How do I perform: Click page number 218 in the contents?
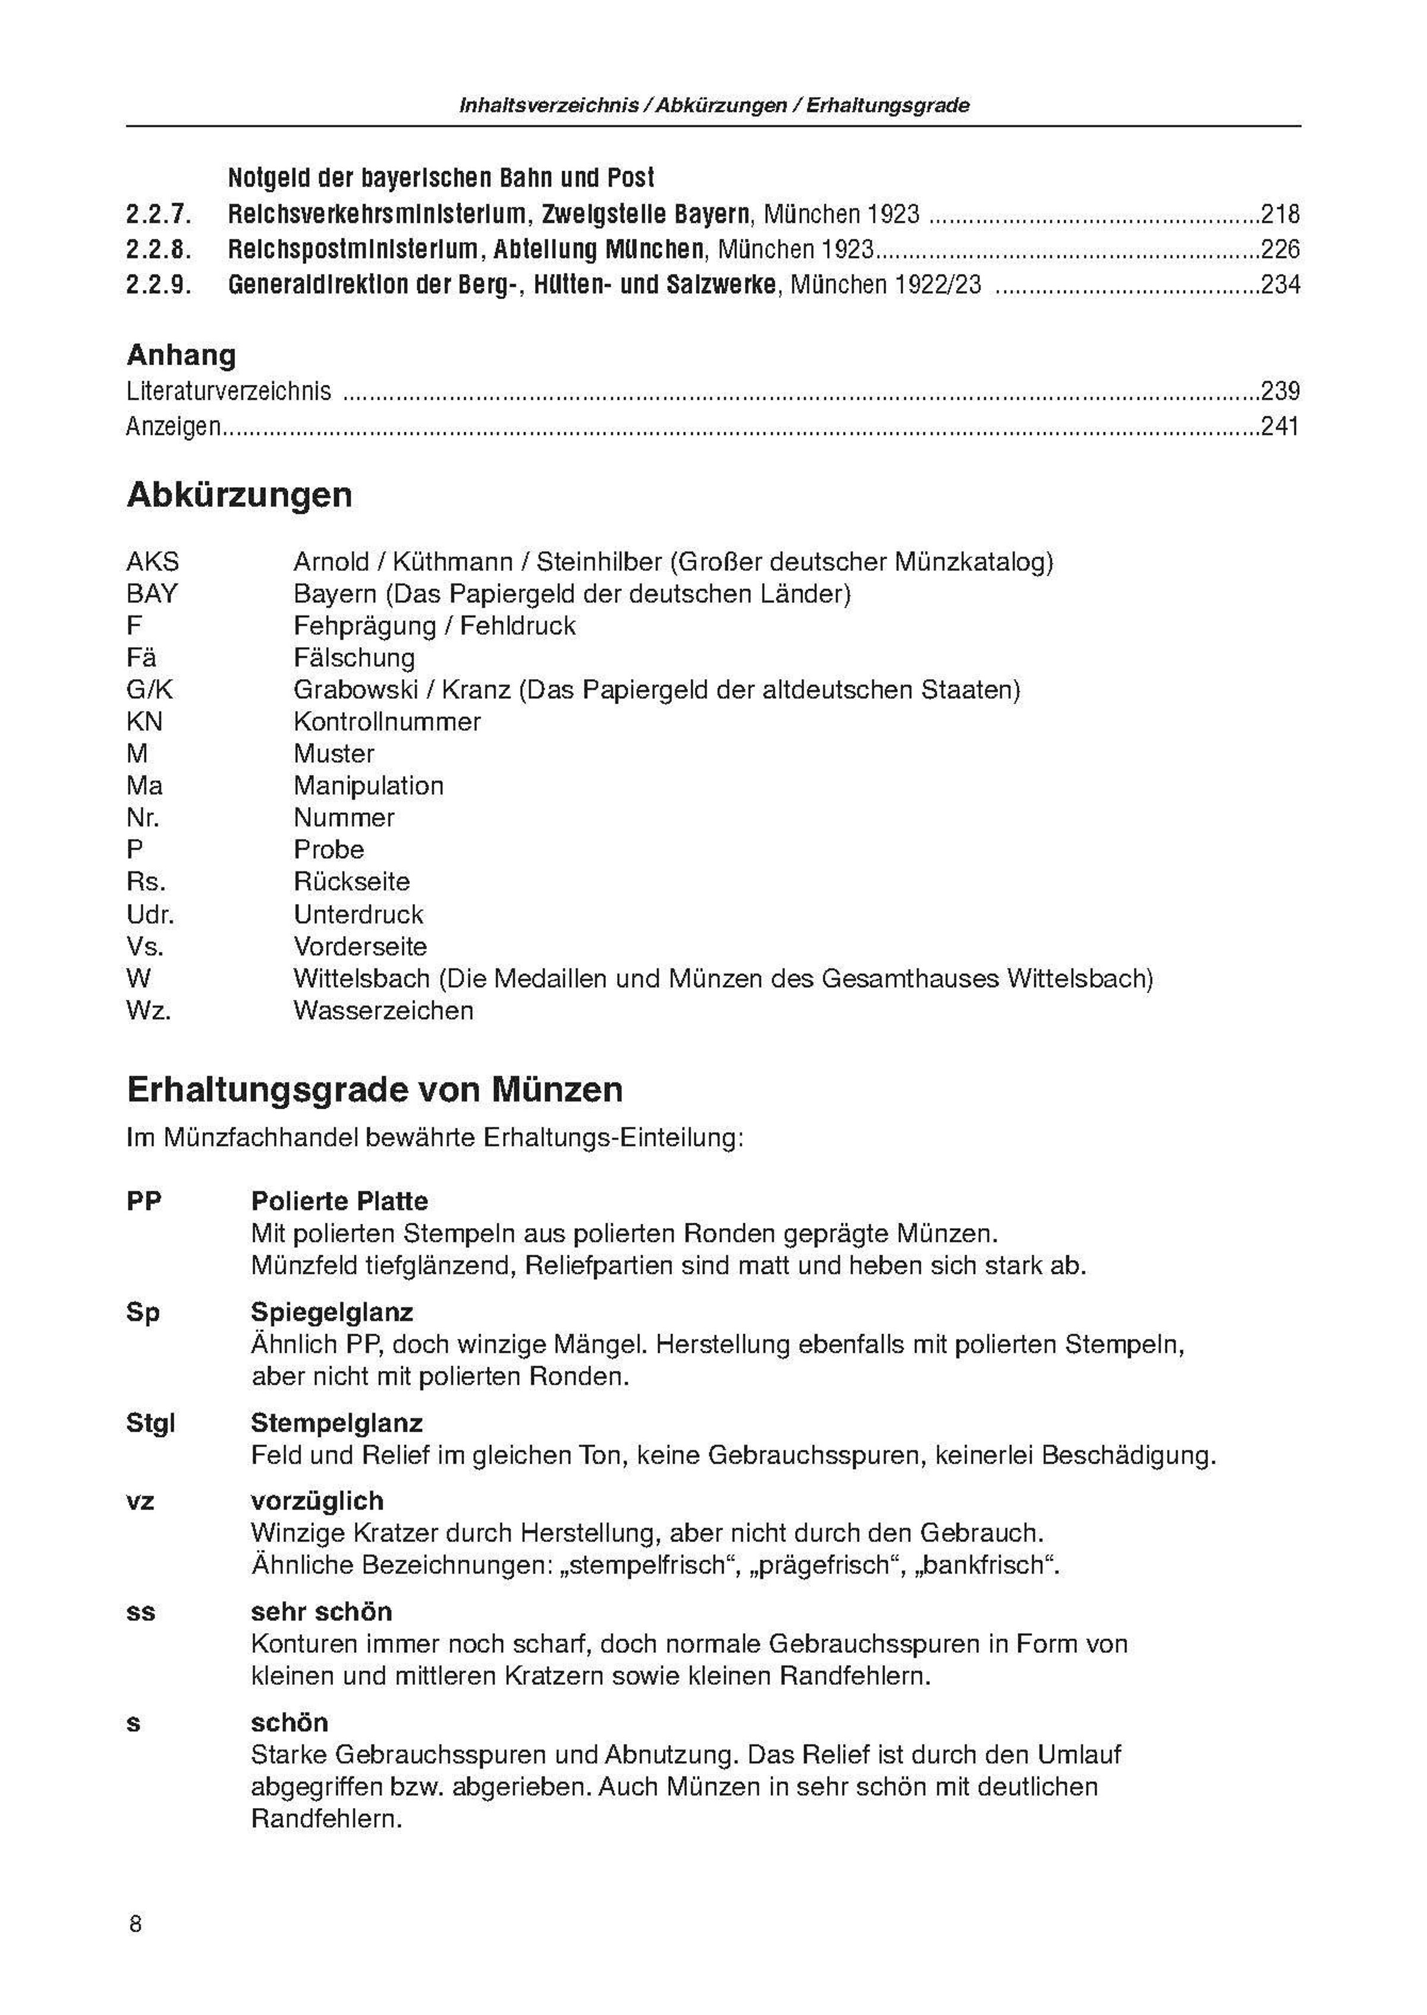pyautogui.click(x=1280, y=214)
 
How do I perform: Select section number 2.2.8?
pyautogui.click(x=158, y=250)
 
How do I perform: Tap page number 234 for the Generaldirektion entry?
pyautogui.click(x=1280, y=285)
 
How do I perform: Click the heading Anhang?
pyautogui.click(x=181, y=355)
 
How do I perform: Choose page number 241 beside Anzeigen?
pyautogui.click(x=1280, y=426)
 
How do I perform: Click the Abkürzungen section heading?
pyautogui.click(x=239, y=495)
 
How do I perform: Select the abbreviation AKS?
pyautogui.click(x=152, y=561)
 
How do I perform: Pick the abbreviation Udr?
pyautogui.click(x=150, y=915)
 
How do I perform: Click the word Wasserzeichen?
pyautogui.click(x=383, y=1010)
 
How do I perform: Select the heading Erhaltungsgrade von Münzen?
pyautogui.click(x=375, y=1090)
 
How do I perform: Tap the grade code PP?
pyautogui.click(x=144, y=1201)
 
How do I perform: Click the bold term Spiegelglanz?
pyautogui.click(x=331, y=1312)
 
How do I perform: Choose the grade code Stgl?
pyautogui.click(x=150, y=1423)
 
